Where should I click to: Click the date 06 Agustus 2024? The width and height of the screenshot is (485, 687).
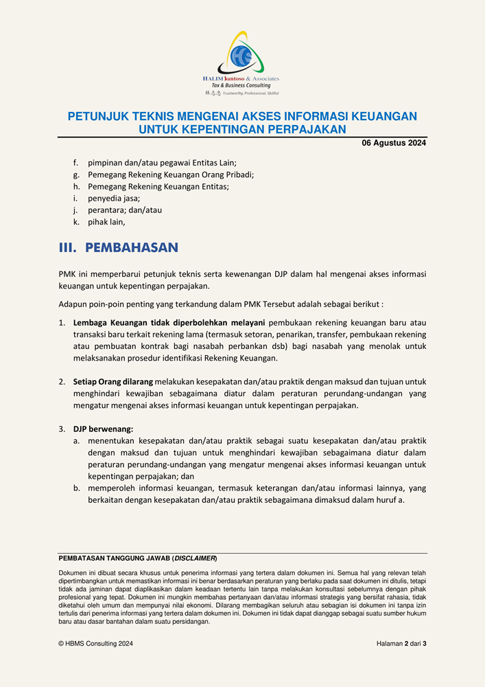coord(394,144)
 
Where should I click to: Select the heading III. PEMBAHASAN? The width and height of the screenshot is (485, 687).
coord(119,247)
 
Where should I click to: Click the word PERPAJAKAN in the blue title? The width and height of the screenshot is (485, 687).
coord(308,129)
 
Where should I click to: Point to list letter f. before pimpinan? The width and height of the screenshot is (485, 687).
coord(76,163)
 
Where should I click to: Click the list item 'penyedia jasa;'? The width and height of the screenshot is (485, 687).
coord(114,198)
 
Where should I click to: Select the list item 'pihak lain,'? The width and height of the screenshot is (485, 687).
coord(106,222)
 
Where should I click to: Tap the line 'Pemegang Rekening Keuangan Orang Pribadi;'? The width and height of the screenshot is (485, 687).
coord(171,174)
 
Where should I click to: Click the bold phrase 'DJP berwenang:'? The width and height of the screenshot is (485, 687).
coord(103,429)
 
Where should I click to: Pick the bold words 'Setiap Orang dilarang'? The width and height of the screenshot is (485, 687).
coord(113,381)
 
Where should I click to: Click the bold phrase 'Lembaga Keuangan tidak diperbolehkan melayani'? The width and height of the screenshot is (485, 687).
coord(169,322)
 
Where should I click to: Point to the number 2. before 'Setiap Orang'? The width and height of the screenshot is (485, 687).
coord(62,381)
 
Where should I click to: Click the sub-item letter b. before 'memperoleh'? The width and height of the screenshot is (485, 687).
coord(77,488)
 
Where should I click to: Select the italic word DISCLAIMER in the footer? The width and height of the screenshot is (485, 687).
coord(196,559)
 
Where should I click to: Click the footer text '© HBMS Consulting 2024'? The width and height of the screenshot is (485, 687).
coord(96,644)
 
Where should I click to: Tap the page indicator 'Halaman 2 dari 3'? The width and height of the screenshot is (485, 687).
coord(401,644)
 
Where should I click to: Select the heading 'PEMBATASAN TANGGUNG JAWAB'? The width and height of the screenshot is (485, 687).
coord(114,559)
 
